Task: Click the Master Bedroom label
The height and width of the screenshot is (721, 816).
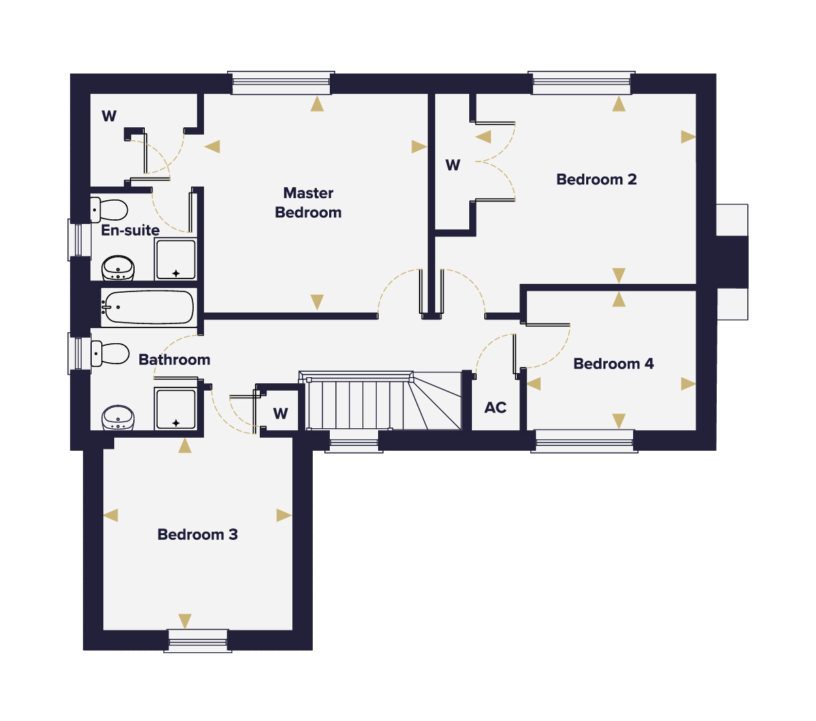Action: coord(308,202)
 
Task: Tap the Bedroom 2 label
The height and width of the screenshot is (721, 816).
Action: coord(596,180)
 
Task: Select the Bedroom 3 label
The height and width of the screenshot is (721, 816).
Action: coord(197,534)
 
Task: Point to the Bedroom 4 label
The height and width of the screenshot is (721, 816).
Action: coord(613,364)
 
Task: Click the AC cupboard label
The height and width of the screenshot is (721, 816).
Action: coord(496,408)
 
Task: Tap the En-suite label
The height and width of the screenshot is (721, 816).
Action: coord(130,230)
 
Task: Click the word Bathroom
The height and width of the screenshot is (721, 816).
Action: coord(174,359)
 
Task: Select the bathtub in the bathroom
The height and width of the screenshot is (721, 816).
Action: coord(149,307)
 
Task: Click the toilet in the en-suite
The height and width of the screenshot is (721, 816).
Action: coord(109,210)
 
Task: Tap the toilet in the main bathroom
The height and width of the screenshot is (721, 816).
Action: coord(110,353)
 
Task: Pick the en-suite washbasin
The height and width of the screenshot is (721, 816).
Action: coord(118,268)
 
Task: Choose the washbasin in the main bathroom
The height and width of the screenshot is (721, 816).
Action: coord(118,418)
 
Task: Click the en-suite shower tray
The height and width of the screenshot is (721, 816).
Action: coord(175,259)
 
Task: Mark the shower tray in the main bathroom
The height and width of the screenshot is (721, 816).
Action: coord(175,409)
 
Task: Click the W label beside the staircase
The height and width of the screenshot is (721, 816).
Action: coord(280,413)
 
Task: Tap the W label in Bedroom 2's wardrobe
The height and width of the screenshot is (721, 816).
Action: coord(453,165)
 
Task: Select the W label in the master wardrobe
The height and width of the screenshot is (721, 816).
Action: coord(109,116)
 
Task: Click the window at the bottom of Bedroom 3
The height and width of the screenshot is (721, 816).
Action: coord(198,641)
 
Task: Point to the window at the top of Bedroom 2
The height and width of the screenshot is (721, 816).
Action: coord(581,82)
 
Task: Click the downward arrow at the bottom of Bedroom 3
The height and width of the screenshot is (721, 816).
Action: coord(185,621)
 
